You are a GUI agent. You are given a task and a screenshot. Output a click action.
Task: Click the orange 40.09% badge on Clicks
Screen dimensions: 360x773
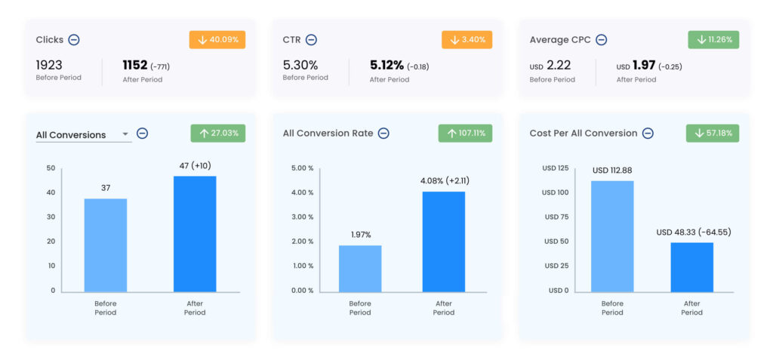pyautogui.click(x=217, y=40)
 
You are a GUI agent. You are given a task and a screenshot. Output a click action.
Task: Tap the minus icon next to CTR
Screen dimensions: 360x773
pyautogui.click(x=311, y=40)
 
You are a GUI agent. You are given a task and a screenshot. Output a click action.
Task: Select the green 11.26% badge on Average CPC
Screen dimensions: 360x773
pyautogui.click(x=713, y=40)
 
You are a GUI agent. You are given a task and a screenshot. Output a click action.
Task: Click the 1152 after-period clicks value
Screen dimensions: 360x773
pyautogui.click(x=135, y=65)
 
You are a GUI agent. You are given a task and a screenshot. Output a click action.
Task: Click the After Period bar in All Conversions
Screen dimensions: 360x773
pyautogui.click(x=195, y=234)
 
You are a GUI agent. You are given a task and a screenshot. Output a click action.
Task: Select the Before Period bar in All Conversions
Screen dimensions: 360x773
pyautogui.click(x=106, y=245)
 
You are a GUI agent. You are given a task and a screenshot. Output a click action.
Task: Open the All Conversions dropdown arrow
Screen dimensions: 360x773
pyautogui.click(x=125, y=135)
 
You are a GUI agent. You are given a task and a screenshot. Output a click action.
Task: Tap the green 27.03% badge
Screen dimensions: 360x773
pyautogui.click(x=217, y=134)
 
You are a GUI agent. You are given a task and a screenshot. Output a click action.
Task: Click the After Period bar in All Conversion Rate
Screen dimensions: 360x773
pyautogui.click(x=443, y=242)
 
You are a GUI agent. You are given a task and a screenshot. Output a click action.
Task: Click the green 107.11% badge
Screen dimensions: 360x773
pyautogui.click(x=465, y=134)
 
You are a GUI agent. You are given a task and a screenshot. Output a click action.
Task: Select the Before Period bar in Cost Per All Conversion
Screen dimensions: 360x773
pyautogui.click(x=612, y=236)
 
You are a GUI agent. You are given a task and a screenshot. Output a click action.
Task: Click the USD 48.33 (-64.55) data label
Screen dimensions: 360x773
pyautogui.click(x=694, y=232)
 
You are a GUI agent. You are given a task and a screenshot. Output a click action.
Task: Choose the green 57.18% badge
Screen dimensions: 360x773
pyautogui.click(x=713, y=134)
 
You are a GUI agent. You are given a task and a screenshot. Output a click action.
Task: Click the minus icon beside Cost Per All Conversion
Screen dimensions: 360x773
pyautogui.click(x=648, y=134)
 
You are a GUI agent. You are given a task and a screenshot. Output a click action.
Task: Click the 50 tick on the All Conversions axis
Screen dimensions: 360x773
pyautogui.click(x=51, y=168)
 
